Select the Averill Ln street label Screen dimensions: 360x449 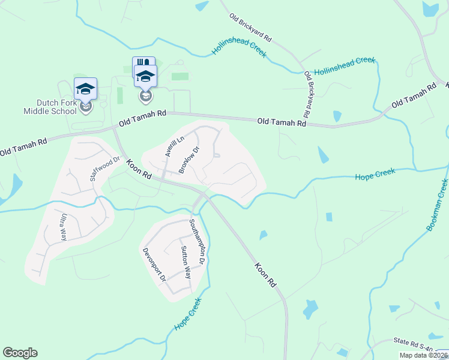pyautogui.click(x=174, y=146)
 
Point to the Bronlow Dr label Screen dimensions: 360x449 pyautogui.click(x=188, y=159)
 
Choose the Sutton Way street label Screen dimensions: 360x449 pyautogui.click(x=185, y=262)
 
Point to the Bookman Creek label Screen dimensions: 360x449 pyautogui.click(x=436, y=206)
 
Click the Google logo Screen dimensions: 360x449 pyautogui.click(x=20, y=353)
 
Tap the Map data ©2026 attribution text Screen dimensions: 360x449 pyautogui.click(x=423, y=355)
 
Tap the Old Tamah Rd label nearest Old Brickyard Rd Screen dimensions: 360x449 pyautogui.click(x=282, y=122)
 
